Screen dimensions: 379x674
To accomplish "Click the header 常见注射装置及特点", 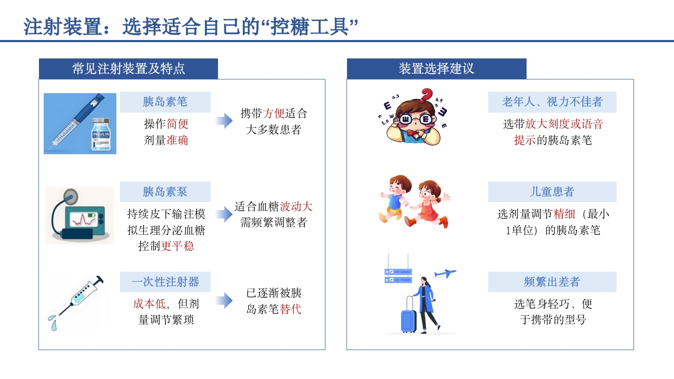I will click(x=128, y=69).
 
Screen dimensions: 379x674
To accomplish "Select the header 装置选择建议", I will click(x=437, y=69).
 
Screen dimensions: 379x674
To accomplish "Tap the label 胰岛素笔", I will click(x=165, y=102).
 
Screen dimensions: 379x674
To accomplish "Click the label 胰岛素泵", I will click(x=165, y=192).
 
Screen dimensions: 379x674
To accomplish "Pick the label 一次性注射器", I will click(x=165, y=282).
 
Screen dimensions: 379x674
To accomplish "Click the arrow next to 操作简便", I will click(x=224, y=121).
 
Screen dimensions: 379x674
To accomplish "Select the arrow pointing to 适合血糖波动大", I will click(x=224, y=211).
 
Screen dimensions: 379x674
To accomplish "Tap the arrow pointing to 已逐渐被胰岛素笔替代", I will click(x=224, y=301).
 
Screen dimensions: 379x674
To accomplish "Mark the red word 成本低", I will click(x=149, y=304).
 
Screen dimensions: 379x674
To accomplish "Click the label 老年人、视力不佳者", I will click(x=552, y=102).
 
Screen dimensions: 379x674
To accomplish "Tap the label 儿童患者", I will click(x=552, y=192).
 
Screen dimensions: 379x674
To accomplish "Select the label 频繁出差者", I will click(x=552, y=282).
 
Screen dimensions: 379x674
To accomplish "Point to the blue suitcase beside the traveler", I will click(x=409, y=315).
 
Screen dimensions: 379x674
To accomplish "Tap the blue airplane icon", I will click(x=445, y=273).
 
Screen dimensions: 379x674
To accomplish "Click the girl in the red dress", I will click(x=428, y=203).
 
